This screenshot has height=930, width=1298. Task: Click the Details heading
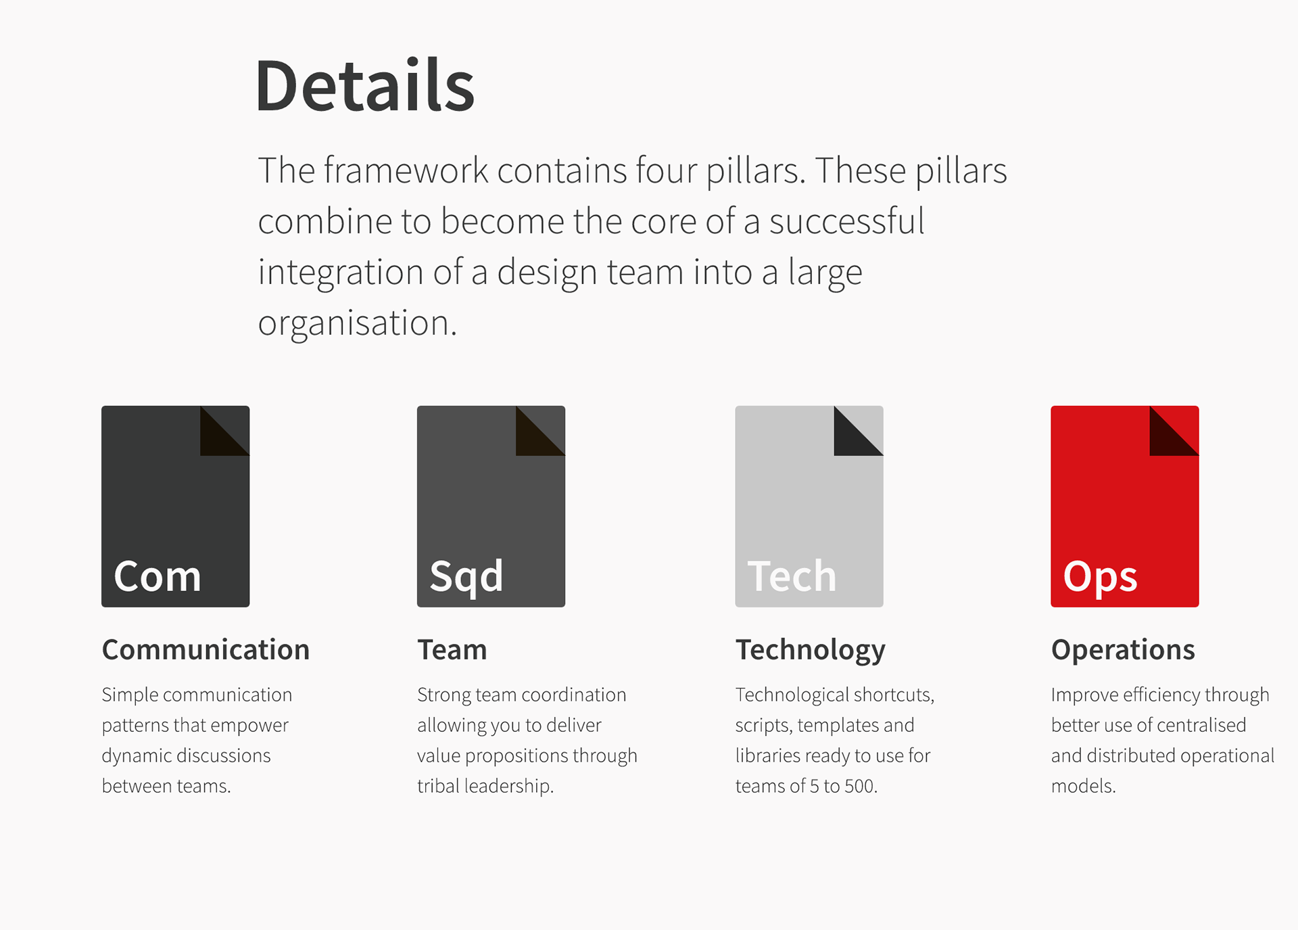tap(365, 85)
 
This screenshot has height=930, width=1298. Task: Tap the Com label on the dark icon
tap(158, 576)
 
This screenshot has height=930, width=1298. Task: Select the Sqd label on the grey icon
tap(466, 578)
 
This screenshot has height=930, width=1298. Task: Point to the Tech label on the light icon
tap(792, 576)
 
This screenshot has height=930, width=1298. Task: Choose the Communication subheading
tap(206, 649)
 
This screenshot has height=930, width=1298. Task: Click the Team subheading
tap(452, 649)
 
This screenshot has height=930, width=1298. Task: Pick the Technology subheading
tap(810, 651)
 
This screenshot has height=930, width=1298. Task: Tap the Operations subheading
tap(1123, 651)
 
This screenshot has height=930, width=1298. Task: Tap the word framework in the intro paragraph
tap(406, 170)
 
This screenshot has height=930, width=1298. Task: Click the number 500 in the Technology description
tap(861, 786)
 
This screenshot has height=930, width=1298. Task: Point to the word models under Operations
tap(1083, 786)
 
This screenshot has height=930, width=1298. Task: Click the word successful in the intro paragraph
tap(846, 221)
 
